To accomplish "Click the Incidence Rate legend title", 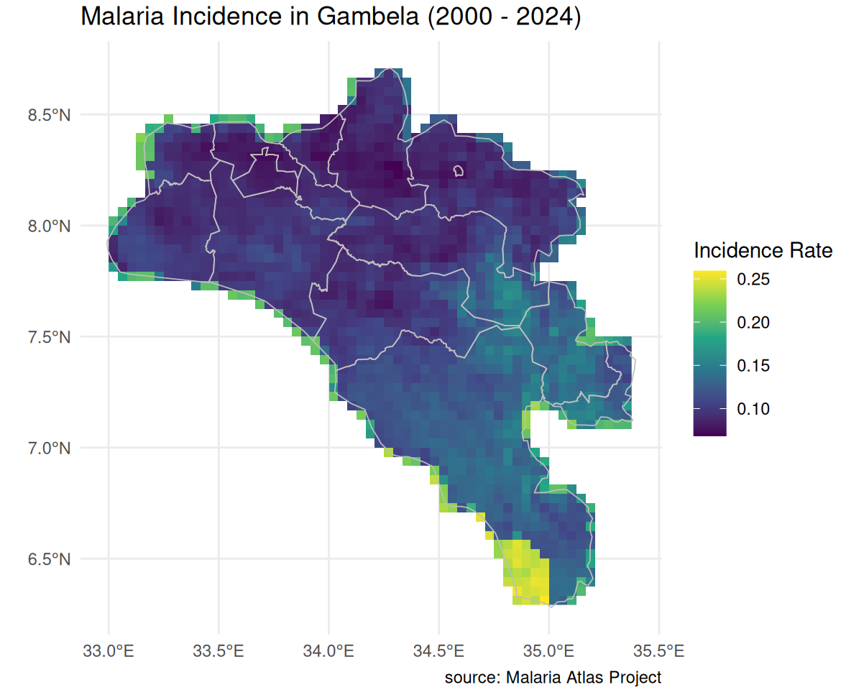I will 763,251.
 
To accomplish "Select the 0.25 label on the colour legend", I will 753,280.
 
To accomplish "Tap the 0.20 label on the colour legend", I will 753,323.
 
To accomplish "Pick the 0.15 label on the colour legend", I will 753,366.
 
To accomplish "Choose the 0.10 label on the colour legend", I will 753,409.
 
